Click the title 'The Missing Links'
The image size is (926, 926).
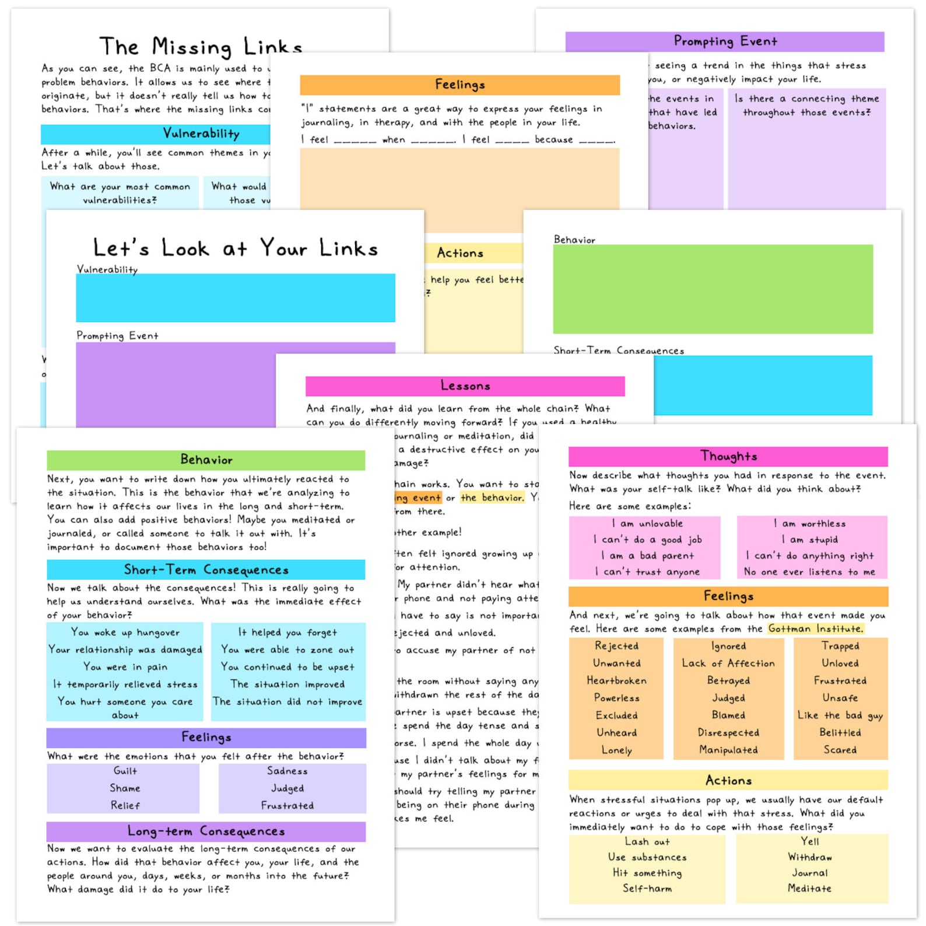click(x=201, y=46)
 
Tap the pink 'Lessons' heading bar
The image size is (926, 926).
click(x=465, y=386)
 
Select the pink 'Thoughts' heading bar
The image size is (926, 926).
click(x=728, y=456)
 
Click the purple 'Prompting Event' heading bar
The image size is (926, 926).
click(x=725, y=41)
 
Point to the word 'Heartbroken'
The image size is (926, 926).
click(x=616, y=681)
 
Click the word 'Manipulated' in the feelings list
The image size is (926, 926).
click(x=728, y=750)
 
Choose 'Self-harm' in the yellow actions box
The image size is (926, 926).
click(x=647, y=889)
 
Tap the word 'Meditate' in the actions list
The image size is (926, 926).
click(x=809, y=889)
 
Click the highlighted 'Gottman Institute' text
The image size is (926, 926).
click(x=815, y=629)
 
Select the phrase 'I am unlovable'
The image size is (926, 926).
click(x=647, y=524)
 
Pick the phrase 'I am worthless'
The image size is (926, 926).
click(x=809, y=524)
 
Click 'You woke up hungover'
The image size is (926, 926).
click(x=125, y=633)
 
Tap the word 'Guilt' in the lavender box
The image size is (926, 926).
click(x=125, y=771)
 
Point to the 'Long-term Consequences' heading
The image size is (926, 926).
click(x=206, y=831)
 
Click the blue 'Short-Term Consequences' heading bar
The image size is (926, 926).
click(x=206, y=570)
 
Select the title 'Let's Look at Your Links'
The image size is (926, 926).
click(x=235, y=248)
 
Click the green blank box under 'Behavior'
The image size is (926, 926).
click(x=713, y=289)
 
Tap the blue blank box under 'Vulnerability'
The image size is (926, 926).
click(x=235, y=297)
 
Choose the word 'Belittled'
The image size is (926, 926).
click(x=840, y=732)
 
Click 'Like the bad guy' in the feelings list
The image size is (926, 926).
click(x=840, y=715)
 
